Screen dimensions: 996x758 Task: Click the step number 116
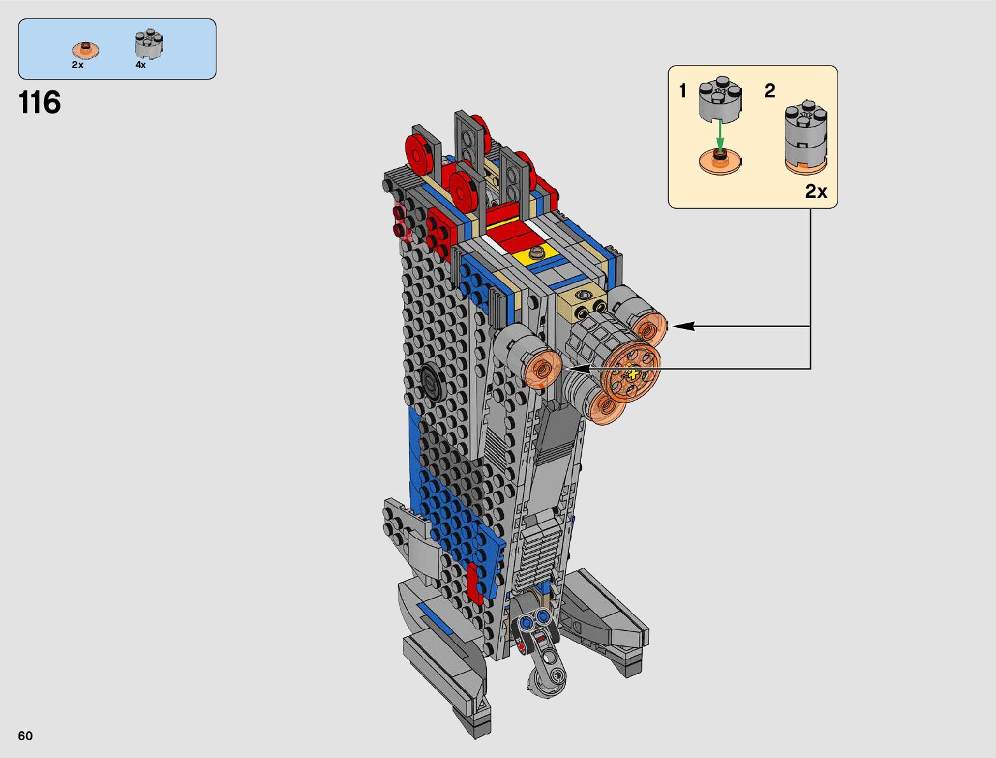39,102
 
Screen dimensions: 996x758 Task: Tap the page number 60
25,736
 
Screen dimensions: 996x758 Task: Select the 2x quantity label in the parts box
78,65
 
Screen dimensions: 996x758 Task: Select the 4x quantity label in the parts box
141,65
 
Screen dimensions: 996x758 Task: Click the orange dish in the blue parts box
86,49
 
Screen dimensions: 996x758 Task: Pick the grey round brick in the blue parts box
149,45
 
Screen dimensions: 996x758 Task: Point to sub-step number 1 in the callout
682,91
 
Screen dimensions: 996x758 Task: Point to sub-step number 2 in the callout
769,91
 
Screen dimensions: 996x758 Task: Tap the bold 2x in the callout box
816,192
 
